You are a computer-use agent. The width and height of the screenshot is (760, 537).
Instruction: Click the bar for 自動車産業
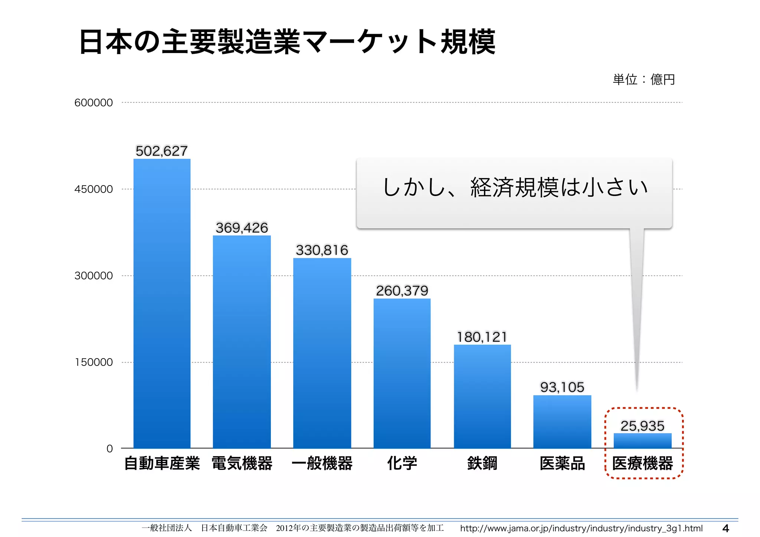pos(162,304)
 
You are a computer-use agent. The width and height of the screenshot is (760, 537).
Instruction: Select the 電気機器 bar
pos(242,342)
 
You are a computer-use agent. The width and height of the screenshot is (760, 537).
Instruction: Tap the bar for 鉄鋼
pos(482,396)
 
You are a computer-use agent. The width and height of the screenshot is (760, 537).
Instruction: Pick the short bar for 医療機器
pos(642,441)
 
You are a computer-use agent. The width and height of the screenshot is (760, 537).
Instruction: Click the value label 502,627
pos(162,151)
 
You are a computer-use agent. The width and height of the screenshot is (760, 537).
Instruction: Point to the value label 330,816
pos(322,250)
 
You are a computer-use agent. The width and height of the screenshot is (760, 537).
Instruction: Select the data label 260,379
pos(402,291)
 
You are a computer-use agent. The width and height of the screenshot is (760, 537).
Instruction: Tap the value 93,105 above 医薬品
pos(562,387)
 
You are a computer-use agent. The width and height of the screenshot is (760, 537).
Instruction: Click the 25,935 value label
pos(642,426)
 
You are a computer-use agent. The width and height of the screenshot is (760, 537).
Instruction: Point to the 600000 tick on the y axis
pos(94,103)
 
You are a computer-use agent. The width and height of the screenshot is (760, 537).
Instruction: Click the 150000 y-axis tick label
pos(94,362)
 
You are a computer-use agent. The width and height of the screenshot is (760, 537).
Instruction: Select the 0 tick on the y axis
pos(109,449)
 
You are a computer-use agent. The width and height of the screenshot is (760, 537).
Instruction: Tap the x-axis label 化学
pos(402,464)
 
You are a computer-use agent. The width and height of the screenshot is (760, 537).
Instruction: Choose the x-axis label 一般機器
pos(322,464)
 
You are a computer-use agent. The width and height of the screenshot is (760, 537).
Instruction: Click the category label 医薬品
pos(562,464)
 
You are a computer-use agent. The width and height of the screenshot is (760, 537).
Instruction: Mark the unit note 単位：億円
pos(643,79)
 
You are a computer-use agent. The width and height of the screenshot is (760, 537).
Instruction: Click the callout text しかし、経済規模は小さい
pos(514,187)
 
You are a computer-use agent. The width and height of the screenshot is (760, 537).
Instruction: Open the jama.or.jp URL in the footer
pos(581,528)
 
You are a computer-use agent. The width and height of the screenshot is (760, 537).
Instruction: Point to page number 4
pos(726,528)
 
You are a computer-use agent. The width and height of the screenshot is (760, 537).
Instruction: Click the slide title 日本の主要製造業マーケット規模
pos(287,42)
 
